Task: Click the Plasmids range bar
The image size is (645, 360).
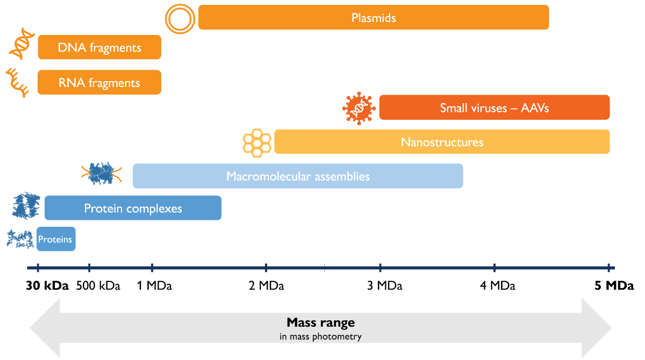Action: pyautogui.click(x=374, y=17)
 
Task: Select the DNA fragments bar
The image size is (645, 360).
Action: pyautogui.click(x=99, y=47)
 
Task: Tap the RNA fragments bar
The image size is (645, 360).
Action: pyautogui.click(x=99, y=82)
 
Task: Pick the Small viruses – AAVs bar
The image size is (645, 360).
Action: pyautogui.click(x=494, y=107)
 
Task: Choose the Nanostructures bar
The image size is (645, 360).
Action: pyautogui.click(x=442, y=142)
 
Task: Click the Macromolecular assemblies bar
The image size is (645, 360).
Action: pyautogui.click(x=298, y=176)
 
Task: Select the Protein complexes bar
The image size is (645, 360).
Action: pyautogui.click(x=133, y=208)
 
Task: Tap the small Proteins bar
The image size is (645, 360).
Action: pyautogui.click(x=56, y=239)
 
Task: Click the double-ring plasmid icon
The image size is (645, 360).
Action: pyautogui.click(x=179, y=19)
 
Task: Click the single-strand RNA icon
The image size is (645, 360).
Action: pyautogui.click(x=17, y=82)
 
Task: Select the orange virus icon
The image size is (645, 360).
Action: pyautogui.click(x=359, y=108)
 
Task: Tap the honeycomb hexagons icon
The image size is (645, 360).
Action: pyautogui.click(x=257, y=142)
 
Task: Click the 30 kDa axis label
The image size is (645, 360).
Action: pyautogui.click(x=47, y=286)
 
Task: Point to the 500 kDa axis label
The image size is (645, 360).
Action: pyautogui.click(x=98, y=286)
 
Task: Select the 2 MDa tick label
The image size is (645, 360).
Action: pyautogui.click(x=266, y=286)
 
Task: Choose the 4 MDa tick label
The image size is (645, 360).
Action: pyautogui.click(x=497, y=286)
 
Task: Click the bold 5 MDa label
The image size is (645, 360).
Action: pyautogui.click(x=614, y=286)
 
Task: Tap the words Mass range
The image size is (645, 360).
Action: pyautogui.click(x=320, y=323)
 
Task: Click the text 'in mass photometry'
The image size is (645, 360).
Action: pyautogui.click(x=320, y=337)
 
